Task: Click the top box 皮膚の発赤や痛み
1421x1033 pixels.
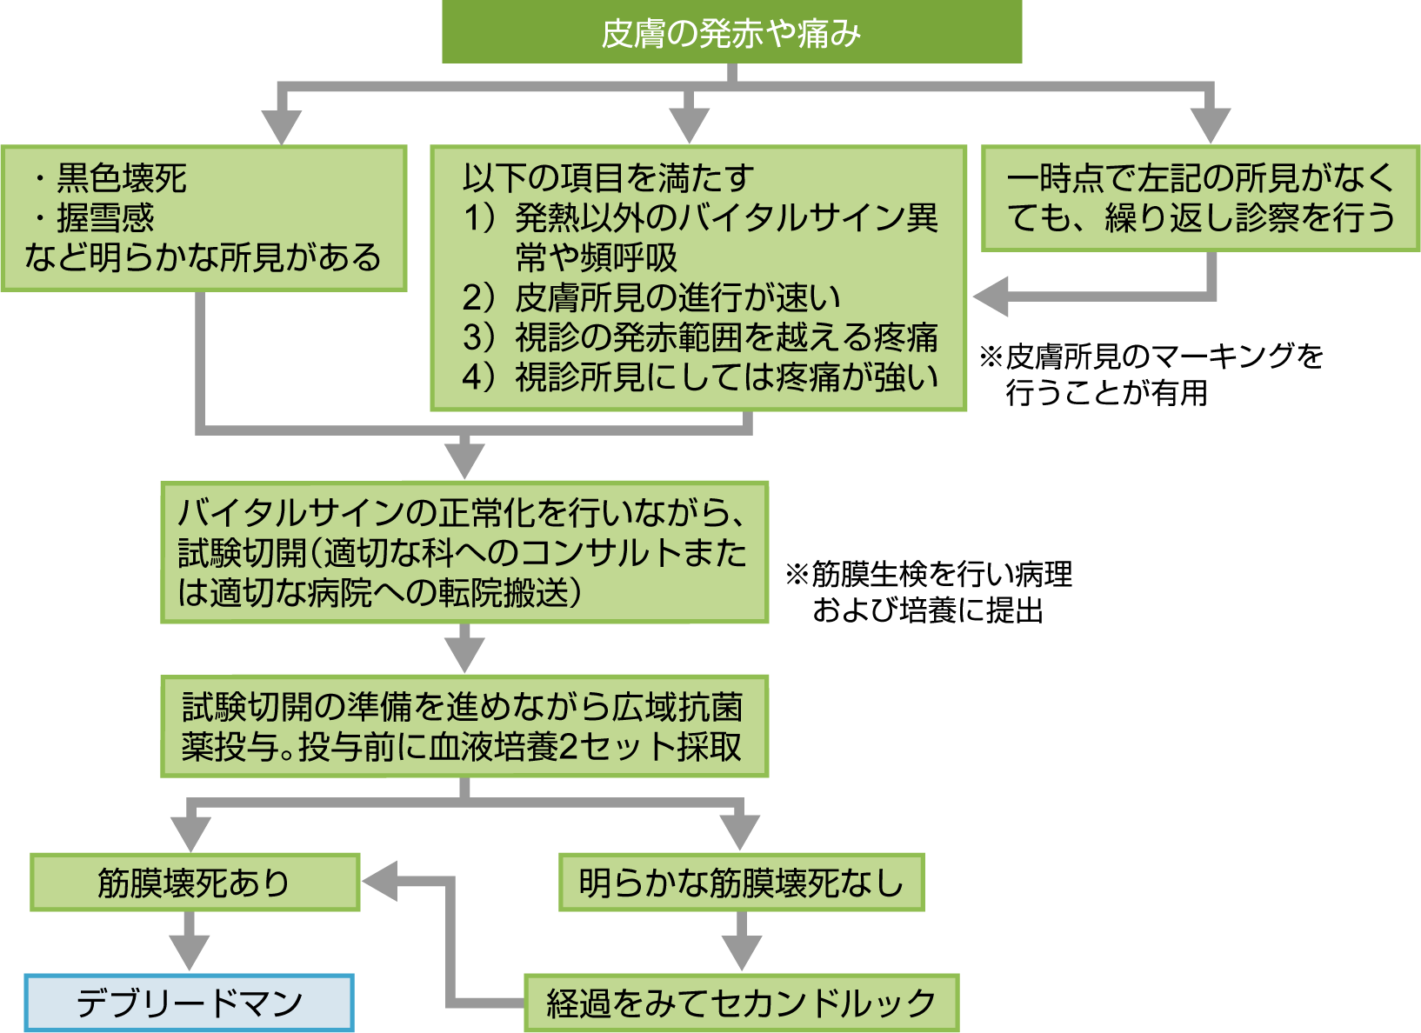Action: pyautogui.click(x=731, y=32)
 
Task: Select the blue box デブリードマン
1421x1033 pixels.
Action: pyautogui.click(x=189, y=1003)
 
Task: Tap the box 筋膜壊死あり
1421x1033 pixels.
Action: pyautogui.click(x=195, y=883)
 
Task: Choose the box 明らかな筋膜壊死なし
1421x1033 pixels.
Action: pyautogui.click(x=741, y=883)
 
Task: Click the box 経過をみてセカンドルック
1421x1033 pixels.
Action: pyautogui.click(x=741, y=1003)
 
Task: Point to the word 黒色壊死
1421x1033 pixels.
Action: pyautogui.click(x=121, y=178)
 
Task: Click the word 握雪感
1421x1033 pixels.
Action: pyautogui.click(x=104, y=217)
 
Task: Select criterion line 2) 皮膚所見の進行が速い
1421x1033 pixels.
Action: pyautogui.click(x=652, y=297)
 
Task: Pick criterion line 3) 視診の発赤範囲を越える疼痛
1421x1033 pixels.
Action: pyautogui.click(x=700, y=337)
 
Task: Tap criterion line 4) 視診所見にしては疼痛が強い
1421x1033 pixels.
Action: pyautogui.click(x=700, y=377)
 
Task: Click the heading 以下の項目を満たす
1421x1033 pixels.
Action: pyautogui.click(x=608, y=178)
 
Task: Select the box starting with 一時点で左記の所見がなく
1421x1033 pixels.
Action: pyautogui.click(x=1200, y=198)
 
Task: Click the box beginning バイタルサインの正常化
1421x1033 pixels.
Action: pyautogui.click(x=464, y=553)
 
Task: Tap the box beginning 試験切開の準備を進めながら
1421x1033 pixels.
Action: pyautogui.click(x=464, y=727)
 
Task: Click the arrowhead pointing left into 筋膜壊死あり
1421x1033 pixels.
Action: pyautogui.click(x=381, y=882)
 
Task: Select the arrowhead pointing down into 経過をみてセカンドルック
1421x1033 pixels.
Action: pyautogui.click(x=741, y=953)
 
